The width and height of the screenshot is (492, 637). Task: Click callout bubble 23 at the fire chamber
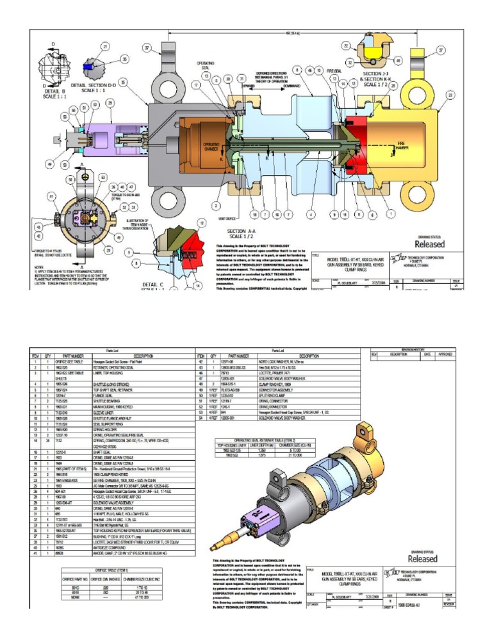[450, 94]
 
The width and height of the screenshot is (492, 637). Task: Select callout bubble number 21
[105, 47]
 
